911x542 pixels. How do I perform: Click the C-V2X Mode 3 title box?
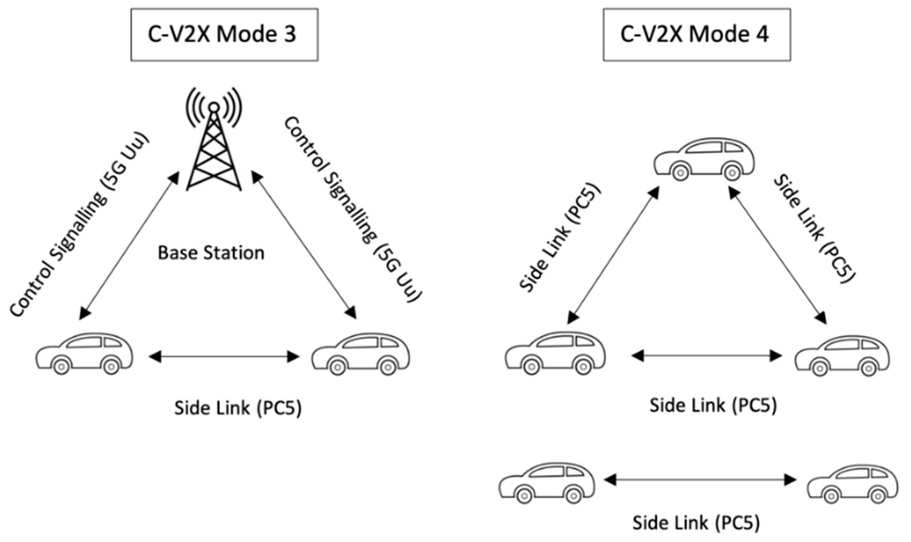(x=224, y=35)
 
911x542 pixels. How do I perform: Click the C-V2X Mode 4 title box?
(x=696, y=35)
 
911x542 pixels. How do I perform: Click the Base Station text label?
(x=211, y=253)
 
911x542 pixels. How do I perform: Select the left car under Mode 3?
(x=85, y=353)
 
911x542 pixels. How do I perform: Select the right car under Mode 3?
(x=361, y=354)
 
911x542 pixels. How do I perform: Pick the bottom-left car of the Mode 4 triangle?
(x=555, y=353)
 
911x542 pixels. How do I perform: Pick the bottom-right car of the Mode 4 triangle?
(x=842, y=355)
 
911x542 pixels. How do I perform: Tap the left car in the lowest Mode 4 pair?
(x=547, y=482)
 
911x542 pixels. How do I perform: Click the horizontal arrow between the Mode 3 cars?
(x=224, y=357)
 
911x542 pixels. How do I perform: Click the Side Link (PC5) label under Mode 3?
(x=238, y=408)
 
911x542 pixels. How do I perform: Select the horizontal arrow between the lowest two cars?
(x=700, y=480)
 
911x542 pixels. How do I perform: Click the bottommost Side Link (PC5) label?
(x=696, y=523)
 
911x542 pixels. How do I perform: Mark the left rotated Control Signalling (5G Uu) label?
(x=79, y=225)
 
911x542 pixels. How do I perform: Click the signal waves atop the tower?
(x=214, y=106)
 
